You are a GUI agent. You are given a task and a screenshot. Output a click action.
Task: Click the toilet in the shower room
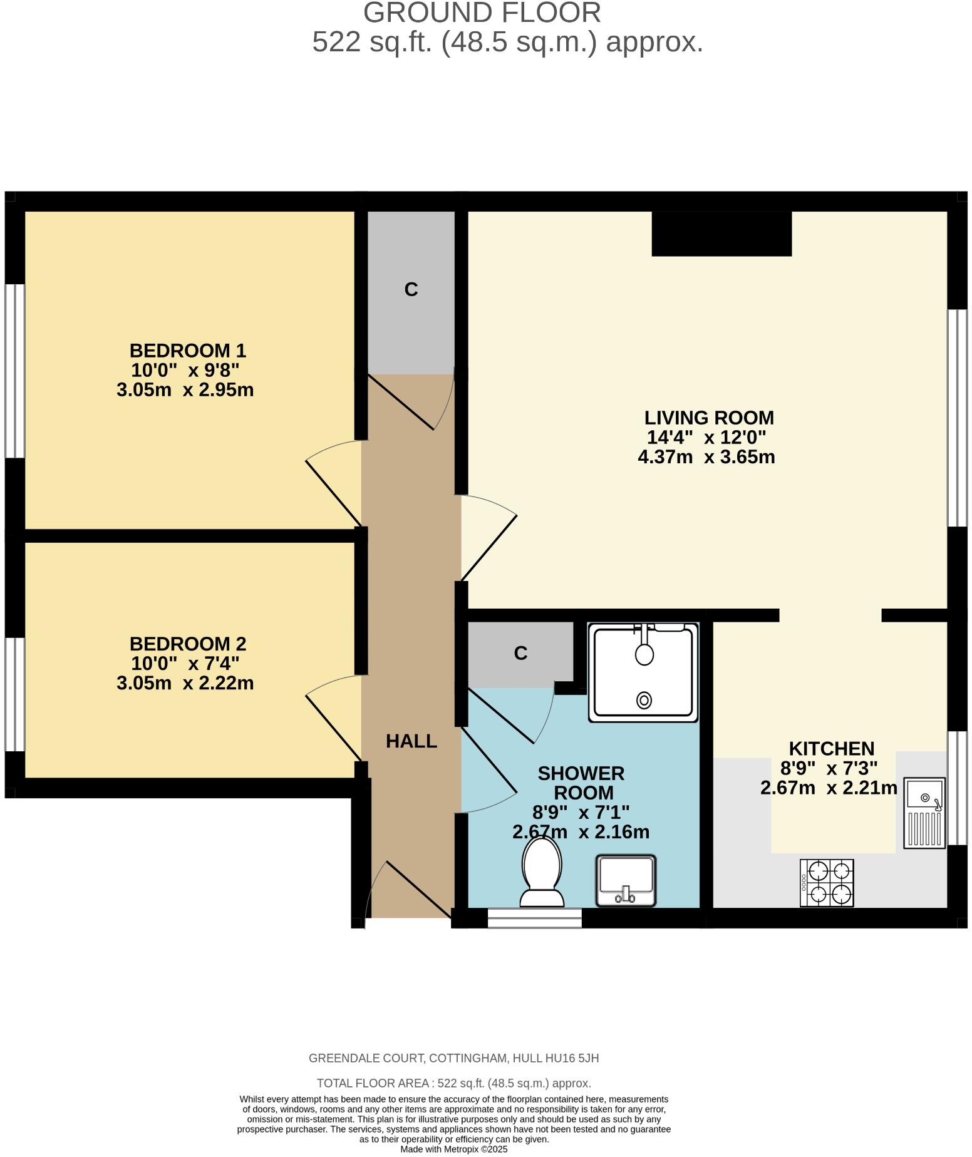[542, 872]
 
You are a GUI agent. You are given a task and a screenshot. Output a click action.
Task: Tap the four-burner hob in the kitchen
[827, 883]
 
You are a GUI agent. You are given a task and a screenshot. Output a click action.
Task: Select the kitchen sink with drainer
[924, 813]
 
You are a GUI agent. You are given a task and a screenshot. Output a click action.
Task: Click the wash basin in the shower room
[626, 880]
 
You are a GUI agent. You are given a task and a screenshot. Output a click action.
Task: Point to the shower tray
[643, 672]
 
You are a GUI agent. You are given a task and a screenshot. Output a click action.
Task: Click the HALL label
[411, 741]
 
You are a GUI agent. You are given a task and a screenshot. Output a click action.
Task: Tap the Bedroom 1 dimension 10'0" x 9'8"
[185, 370]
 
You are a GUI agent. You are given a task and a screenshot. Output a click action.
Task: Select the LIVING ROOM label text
[709, 418]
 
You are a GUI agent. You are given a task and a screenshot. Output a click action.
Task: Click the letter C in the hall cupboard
[411, 289]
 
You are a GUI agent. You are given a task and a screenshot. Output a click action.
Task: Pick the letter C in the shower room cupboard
[520, 653]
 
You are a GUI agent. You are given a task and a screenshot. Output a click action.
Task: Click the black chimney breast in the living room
[721, 234]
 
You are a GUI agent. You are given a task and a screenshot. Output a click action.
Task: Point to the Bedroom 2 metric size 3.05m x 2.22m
[185, 683]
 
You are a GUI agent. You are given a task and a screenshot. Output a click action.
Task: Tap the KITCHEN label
[831, 748]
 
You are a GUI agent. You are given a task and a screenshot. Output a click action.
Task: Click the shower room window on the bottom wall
[535, 918]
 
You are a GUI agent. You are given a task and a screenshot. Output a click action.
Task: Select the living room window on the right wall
[957, 418]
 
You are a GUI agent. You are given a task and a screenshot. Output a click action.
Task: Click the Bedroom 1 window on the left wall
[15, 371]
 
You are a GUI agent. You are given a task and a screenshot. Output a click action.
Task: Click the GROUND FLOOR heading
[482, 13]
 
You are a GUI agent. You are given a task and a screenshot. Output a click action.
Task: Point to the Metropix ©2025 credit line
[454, 1149]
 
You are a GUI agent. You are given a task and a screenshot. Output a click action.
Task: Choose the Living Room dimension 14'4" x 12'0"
[706, 437]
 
